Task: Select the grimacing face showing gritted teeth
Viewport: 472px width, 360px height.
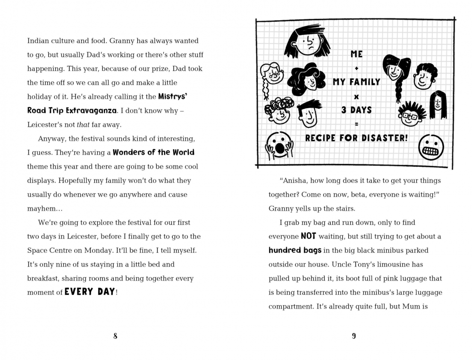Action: [431, 147]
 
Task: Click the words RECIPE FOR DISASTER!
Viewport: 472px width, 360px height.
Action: [356, 138]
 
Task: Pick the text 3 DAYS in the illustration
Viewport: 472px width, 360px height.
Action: [356, 110]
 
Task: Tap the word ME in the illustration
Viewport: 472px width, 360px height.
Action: [356, 54]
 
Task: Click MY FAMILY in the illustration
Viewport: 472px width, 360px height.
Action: [356, 82]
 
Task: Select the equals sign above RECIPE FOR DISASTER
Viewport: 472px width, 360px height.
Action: [356, 124]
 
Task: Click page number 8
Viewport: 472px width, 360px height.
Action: [115, 336]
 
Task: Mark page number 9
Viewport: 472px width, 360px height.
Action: [354, 336]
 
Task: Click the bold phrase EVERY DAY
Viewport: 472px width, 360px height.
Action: [90, 292]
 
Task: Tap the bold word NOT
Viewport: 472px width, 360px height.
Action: [308, 236]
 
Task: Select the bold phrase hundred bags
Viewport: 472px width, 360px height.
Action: [295, 250]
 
